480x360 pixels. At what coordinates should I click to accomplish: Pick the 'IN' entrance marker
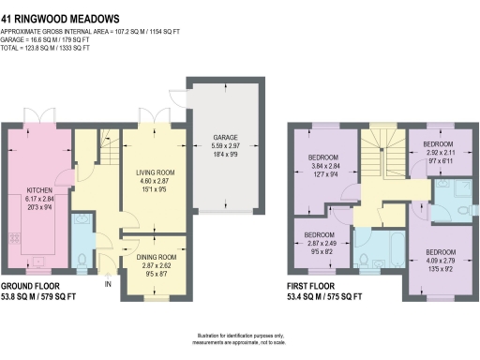[109, 282]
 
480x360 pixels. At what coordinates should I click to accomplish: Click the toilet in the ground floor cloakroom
[82, 258]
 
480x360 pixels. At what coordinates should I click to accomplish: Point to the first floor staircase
[381, 150]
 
